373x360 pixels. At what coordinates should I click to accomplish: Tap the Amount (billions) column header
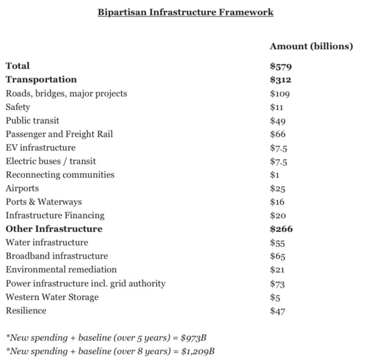click(x=311, y=46)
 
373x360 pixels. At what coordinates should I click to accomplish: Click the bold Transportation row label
click(x=41, y=80)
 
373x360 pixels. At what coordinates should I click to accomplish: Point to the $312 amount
click(x=281, y=80)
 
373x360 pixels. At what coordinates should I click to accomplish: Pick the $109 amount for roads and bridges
click(x=280, y=94)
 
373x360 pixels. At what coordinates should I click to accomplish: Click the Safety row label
click(x=18, y=107)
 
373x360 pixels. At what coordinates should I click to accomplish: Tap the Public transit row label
click(x=32, y=121)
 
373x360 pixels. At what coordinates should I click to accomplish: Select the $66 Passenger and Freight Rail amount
click(x=278, y=134)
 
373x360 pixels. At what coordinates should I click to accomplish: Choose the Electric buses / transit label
click(x=51, y=162)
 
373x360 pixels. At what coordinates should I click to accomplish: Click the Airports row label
click(x=22, y=189)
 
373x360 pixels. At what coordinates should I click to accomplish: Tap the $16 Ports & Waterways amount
click(x=278, y=202)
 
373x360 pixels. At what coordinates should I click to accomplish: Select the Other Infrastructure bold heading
click(x=54, y=229)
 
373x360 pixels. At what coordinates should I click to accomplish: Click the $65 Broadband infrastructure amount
click(x=278, y=256)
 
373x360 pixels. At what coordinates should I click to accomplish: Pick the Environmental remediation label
click(x=61, y=270)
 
